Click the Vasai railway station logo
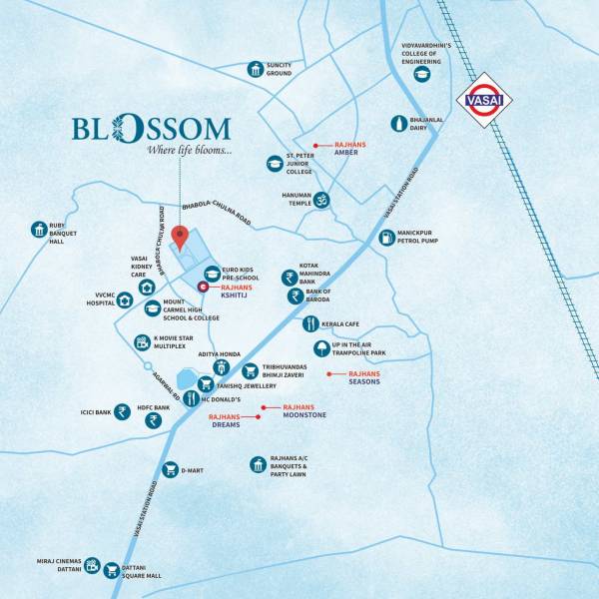(483, 101)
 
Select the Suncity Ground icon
(257, 69)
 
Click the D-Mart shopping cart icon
(170, 469)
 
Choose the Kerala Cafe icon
(310, 324)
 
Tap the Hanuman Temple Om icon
(321, 201)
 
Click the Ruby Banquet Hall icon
(39, 228)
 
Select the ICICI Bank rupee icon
(122, 410)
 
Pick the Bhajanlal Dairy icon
(398, 123)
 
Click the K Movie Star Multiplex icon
(142, 342)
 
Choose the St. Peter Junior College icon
(274, 163)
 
